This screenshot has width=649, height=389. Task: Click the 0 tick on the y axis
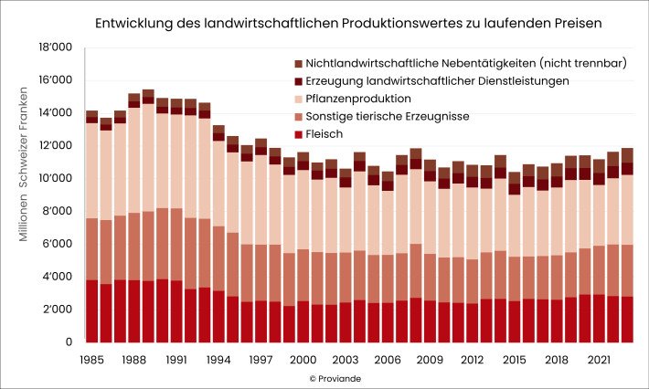[x=69, y=342]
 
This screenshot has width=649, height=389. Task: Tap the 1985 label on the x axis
[x=91, y=360]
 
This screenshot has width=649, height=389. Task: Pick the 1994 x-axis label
[x=218, y=360]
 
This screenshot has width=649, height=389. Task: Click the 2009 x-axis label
[x=430, y=360]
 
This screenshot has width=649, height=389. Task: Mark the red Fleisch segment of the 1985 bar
[x=91, y=310]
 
